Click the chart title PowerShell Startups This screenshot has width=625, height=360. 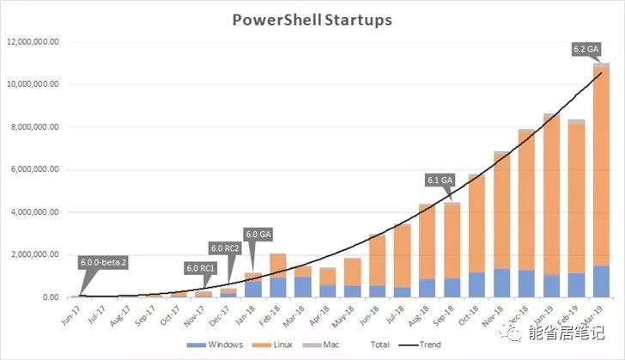(312, 19)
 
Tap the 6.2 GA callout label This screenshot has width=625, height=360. (586, 50)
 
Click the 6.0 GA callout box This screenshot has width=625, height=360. (259, 233)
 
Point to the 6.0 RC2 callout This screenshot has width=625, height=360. (226, 248)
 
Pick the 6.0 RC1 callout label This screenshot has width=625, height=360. (201, 268)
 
